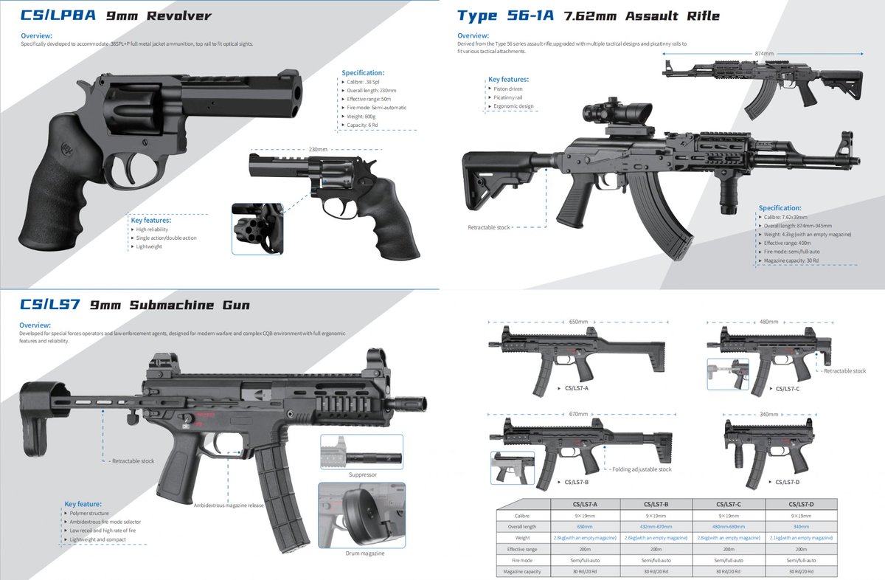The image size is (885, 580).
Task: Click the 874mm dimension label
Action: pos(764,54)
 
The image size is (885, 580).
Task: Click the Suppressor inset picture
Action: pos(361,452)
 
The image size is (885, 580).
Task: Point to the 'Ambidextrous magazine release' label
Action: pos(228,505)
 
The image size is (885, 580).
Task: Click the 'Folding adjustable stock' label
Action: pos(641,469)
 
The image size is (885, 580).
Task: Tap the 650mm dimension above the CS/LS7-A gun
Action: pos(578,322)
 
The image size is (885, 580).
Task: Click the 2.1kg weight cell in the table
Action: pos(802,538)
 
